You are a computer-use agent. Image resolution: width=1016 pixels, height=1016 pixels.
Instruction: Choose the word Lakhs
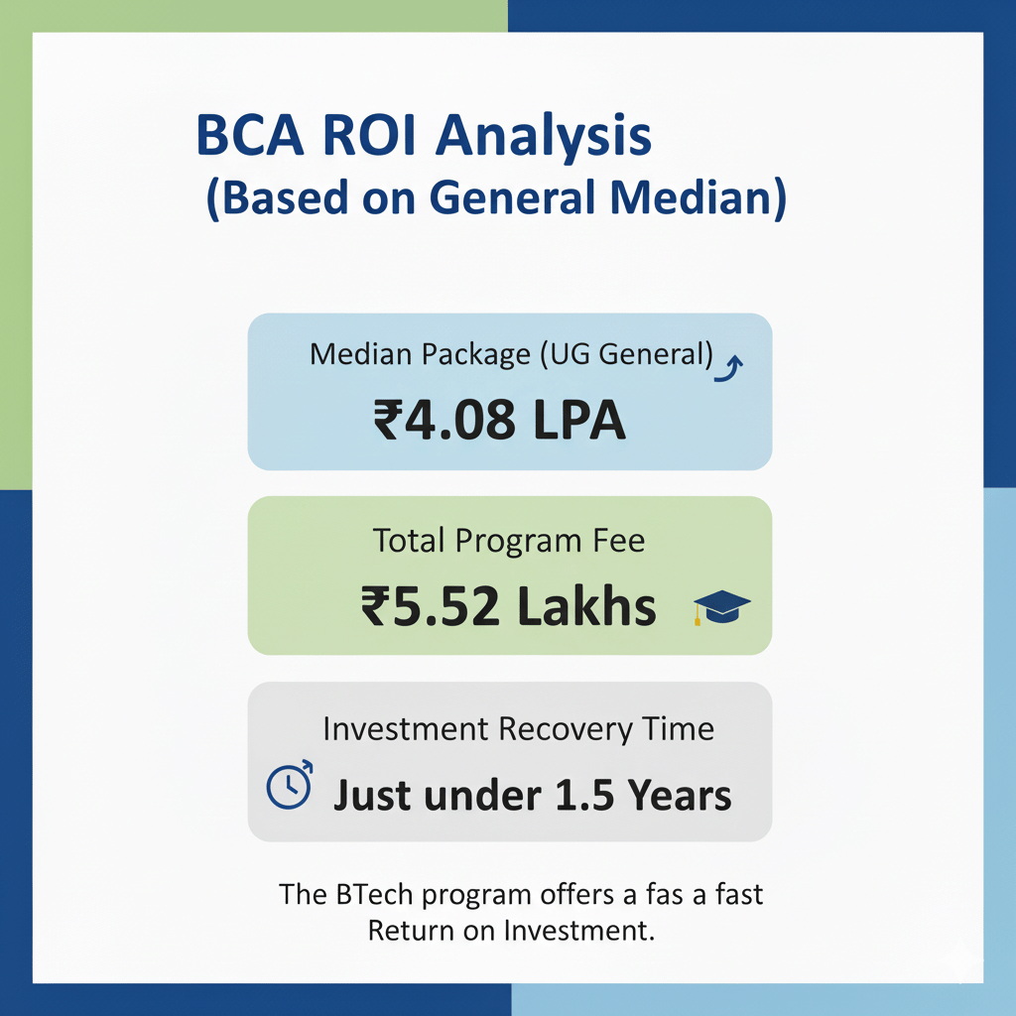587,606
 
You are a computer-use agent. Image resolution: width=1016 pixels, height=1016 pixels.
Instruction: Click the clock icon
290,786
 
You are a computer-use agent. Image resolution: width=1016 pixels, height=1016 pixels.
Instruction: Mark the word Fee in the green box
616,541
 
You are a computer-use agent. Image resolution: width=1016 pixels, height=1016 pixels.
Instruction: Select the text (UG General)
627,354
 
